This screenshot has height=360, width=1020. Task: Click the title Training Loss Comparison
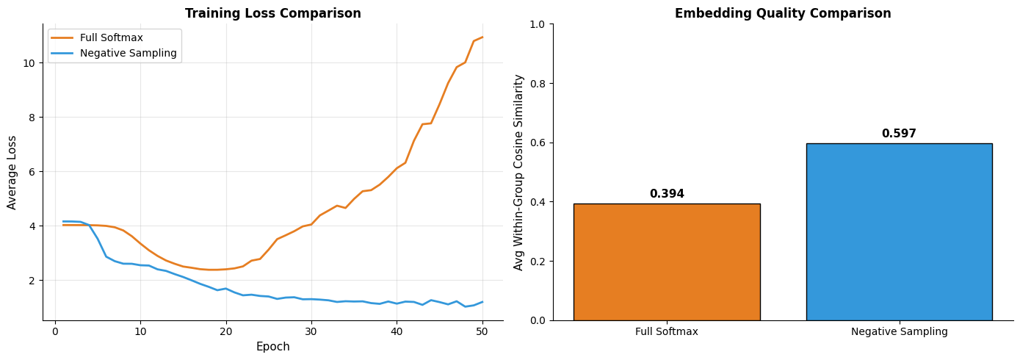click(x=272, y=13)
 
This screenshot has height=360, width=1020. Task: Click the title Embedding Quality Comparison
click(x=783, y=13)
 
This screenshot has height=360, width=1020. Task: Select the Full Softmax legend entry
click(x=111, y=37)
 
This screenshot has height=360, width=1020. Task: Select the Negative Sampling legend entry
click(x=128, y=53)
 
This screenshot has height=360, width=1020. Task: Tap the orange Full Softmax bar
click(x=666, y=262)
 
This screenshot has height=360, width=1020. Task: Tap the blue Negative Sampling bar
click(x=899, y=231)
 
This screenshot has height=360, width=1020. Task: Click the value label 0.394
click(x=666, y=194)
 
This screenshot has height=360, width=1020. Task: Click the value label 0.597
click(x=899, y=134)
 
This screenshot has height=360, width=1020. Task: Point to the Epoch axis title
click(x=272, y=347)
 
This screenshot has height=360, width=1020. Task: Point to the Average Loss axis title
click(x=12, y=172)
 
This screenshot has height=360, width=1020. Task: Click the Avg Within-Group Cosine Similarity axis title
click(x=519, y=172)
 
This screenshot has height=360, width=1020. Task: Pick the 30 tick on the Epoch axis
click(x=311, y=331)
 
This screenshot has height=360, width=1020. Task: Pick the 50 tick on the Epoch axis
click(x=482, y=331)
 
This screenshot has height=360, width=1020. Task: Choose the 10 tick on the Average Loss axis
click(x=29, y=62)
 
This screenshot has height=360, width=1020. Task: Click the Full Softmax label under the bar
click(x=666, y=332)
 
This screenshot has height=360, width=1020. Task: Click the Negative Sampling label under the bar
click(x=899, y=332)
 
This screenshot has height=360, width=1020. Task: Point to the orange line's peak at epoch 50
click(x=482, y=37)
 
